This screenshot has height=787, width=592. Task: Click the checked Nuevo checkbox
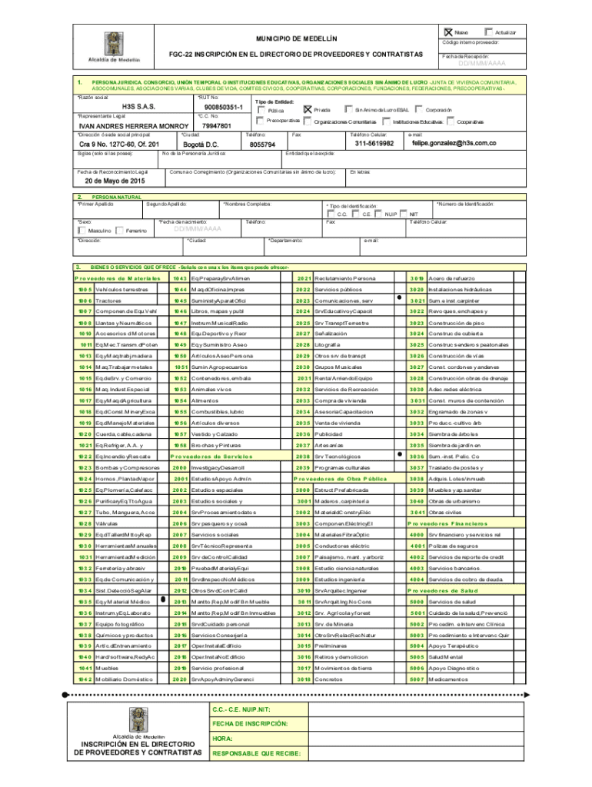[449, 32]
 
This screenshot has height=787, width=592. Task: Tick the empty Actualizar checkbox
[490, 32]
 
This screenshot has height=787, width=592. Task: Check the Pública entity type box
[261, 110]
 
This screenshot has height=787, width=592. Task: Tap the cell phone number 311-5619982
[374, 143]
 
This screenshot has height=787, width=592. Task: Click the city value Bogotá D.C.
[203, 144]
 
